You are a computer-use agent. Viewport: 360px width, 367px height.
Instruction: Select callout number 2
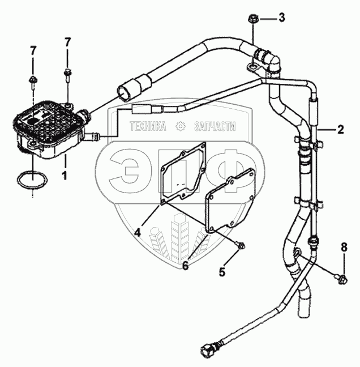[x=340, y=129]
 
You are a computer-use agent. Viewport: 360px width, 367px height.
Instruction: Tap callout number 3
[x=281, y=18]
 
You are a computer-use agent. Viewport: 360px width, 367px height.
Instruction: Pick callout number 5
[x=222, y=272]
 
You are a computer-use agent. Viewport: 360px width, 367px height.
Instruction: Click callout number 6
[x=185, y=265]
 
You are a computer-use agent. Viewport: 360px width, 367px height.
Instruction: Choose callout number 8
[x=344, y=246]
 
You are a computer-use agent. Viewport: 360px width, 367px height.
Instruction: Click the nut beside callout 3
[x=253, y=20]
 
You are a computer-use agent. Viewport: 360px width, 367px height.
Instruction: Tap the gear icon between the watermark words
[x=181, y=126]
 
